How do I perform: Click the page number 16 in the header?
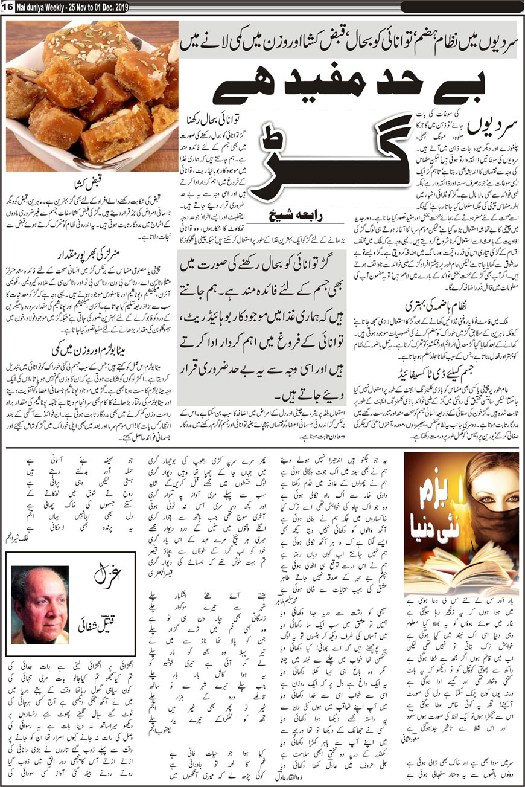7,5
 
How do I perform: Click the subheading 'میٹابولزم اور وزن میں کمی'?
91,348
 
